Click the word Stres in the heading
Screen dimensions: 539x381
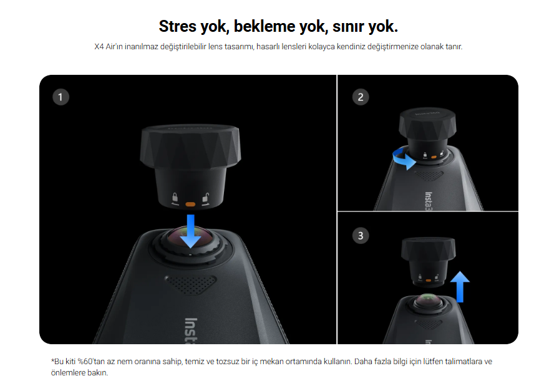(x=177, y=26)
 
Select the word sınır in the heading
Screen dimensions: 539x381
(x=346, y=26)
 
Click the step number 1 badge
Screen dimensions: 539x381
(x=61, y=97)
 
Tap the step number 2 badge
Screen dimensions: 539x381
(x=361, y=97)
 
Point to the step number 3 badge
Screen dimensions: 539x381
(x=361, y=236)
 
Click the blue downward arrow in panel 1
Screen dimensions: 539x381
(x=190, y=231)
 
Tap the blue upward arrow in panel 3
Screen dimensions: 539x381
(x=460, y=287)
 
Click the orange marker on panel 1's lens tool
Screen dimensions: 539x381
(x=190, y=205)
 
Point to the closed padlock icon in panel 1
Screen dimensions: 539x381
(x=175, y=198)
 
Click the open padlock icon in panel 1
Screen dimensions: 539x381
(x=206, y=198)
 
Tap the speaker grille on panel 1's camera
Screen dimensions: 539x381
(x=190, y=284)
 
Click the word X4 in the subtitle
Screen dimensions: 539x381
(x=99, y=47)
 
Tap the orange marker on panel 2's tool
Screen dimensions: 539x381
(x=434, y=157)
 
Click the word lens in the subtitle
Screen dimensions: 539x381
(x=215, y=47)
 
